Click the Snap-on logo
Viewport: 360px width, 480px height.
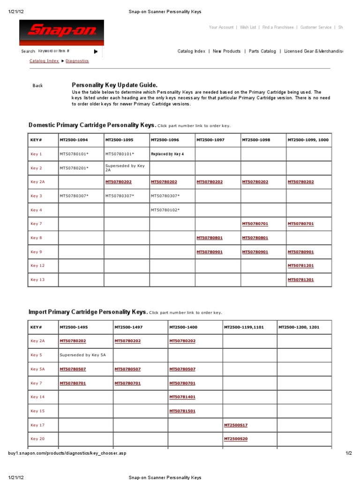click(61, 32)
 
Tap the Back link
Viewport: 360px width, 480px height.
click(37, 86)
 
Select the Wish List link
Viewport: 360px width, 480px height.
click(247, 28)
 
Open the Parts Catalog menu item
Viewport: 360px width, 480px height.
click(262, 52)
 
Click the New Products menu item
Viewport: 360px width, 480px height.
click(226, 52)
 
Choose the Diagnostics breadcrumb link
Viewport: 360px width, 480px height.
click(77, 61)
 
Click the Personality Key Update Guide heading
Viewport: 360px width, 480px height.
click(111, 85)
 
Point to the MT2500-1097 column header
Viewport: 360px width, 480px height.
click(210, 140)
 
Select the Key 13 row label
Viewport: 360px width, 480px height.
click(37, 280)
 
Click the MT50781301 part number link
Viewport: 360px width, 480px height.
click(300, 280)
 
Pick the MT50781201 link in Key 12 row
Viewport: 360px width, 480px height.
click(300, 266)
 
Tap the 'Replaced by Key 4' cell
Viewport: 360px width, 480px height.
click(167, 154)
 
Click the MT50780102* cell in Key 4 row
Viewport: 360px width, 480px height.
click(165, 210)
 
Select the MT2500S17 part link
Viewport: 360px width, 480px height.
click(236, 425)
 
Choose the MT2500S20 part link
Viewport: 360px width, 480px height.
click(236, 439)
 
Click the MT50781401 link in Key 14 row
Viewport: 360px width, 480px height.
click(182, 397)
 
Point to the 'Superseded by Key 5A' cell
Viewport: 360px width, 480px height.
click(83, 355)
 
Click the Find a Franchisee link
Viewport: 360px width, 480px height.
click(278, 28)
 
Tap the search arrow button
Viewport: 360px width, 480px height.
click(96, 52)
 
